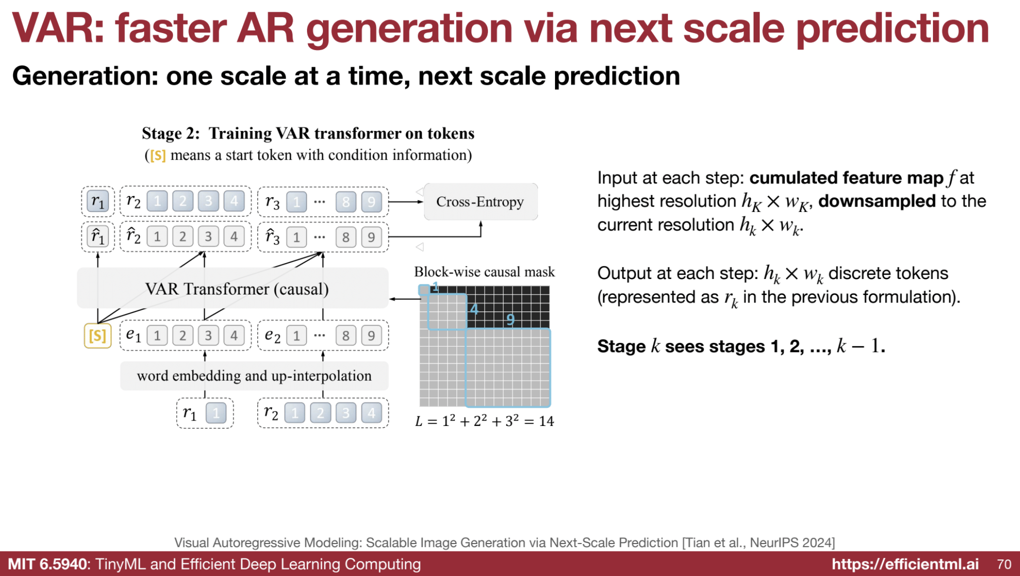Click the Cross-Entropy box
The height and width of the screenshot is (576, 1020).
(480, 201)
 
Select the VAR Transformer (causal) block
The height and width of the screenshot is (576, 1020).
(232, 288)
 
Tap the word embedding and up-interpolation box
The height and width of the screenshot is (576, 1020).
(254, 375)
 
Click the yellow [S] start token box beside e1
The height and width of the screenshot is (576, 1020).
(97, 335)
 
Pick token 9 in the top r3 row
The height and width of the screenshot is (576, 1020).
(371, 201)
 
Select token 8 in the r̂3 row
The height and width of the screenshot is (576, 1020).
(346, 236)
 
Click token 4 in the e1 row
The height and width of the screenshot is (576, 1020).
(234, 335)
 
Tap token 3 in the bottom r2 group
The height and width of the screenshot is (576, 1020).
(346, 413)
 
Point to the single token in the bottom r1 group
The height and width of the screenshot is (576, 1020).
(216, 413)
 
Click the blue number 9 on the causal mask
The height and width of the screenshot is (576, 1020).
(510, 319)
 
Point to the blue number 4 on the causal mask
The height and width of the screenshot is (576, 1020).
(474, 309)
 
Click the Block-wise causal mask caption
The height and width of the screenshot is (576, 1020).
(484, 271)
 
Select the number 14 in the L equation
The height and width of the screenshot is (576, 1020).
(546, 421)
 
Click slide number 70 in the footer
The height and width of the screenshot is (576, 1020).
(1004, 564)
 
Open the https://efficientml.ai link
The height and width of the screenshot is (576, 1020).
(905, 564)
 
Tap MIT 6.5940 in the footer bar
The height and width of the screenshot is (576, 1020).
(47, 564)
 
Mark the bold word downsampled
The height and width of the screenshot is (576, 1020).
(877, 201)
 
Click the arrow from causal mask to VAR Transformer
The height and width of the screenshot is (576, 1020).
(404, 298)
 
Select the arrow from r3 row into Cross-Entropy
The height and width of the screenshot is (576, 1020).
(406, 201)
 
